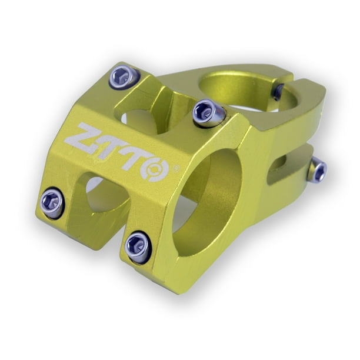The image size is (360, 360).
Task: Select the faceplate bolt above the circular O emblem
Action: tap(209, 112)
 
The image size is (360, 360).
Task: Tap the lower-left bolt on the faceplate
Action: tap(53, 203)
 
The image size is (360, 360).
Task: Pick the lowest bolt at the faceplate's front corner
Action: tap(138, 246)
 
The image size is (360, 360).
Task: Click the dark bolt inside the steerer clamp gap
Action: tap(278, 92)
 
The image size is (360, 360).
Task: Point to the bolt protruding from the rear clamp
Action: tap(317, 171)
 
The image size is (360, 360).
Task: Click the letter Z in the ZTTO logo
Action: tap(81, 139)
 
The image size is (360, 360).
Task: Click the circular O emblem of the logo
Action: tap(156, 168)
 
